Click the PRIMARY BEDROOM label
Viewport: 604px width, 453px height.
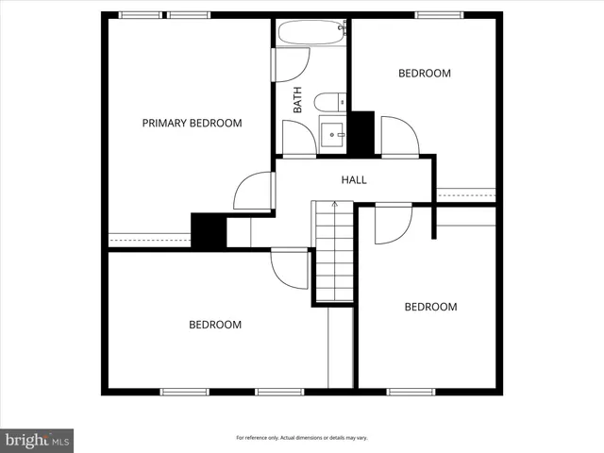[192, 123]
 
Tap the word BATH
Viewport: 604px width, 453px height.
[297, 100]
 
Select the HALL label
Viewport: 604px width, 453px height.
[354, 179]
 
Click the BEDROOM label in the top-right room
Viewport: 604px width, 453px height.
[424, 73]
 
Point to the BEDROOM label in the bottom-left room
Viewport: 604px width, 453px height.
[215, 325]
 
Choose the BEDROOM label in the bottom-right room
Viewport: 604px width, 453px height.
[430, 307]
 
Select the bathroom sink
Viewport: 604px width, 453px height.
[333, 136]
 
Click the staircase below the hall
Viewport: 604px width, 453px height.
[333, 255]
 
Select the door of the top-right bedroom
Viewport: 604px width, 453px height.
[398, 137]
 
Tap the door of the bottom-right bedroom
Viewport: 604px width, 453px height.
[392, 223]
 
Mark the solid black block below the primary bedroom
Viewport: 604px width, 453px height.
[207, 230]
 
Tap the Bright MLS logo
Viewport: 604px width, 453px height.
[37, 440]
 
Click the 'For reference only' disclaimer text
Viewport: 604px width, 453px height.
[301, 439]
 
